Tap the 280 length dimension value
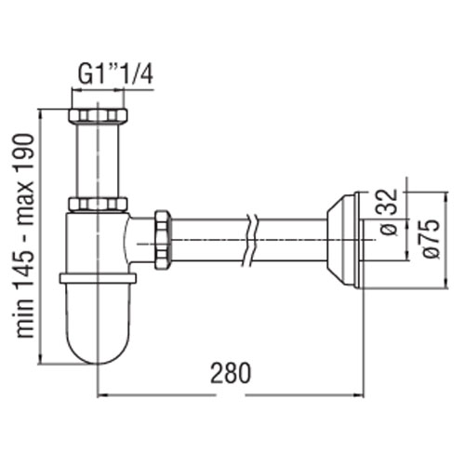[230, 373]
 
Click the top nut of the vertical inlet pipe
[98, 116]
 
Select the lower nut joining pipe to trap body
[98, 205]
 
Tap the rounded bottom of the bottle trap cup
[98, 344]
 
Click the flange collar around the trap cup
[98, 277]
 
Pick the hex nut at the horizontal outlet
[164, 239]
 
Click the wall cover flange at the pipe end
[344, 240]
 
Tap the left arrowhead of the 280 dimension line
[102, 395]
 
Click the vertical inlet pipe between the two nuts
[98, 160]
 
